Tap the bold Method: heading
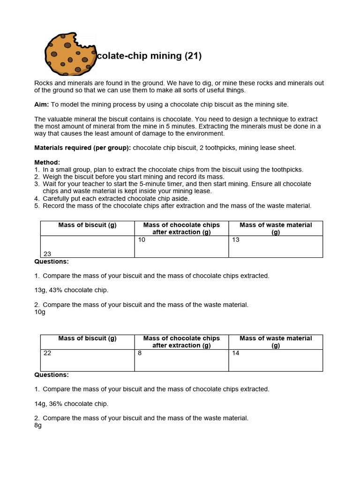(47, 162)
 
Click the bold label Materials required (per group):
(82, 148)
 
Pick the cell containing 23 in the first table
(47, 254)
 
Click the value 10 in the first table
(142, 240)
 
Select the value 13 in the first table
(236, 240)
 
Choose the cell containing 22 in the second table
(47, 353)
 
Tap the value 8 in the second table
(140, 353)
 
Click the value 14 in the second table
(236, 353)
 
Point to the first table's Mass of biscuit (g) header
(87, 225)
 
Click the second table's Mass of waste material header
(276, 342)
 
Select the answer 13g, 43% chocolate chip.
(71, 290)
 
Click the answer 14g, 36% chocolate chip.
(71, 404)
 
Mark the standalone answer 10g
(40, 312)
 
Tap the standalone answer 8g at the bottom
(38, 426)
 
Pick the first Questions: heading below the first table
(52, 262)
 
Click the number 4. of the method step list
(37, 199)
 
